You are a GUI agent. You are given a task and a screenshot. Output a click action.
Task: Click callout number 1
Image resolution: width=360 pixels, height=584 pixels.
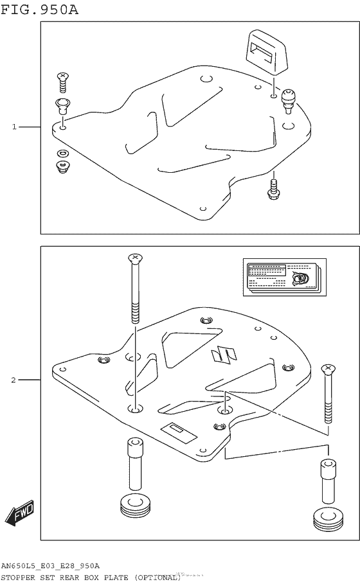tap(14, 127)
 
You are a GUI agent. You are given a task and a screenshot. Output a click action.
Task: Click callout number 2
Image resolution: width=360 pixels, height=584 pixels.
tap(14, 380)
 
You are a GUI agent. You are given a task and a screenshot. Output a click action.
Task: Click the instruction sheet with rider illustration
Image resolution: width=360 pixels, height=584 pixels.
tap(284, 277)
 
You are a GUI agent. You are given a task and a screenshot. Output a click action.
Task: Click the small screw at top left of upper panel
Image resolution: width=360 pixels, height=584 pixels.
tap(63, 80)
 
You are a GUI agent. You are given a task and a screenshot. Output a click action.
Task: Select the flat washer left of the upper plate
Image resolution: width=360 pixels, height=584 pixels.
tap(62, 154)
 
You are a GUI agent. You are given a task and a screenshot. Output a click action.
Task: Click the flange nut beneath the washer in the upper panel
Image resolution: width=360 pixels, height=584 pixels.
tap(62, 167)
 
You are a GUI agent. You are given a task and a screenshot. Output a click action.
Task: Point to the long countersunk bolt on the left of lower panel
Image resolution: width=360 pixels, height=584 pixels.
tap(135, 289)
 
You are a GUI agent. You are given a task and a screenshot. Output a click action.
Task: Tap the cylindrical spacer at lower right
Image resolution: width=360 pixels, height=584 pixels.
tap(328, 482)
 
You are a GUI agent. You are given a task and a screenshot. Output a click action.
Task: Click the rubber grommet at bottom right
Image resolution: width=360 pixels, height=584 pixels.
tap(327, 519)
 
